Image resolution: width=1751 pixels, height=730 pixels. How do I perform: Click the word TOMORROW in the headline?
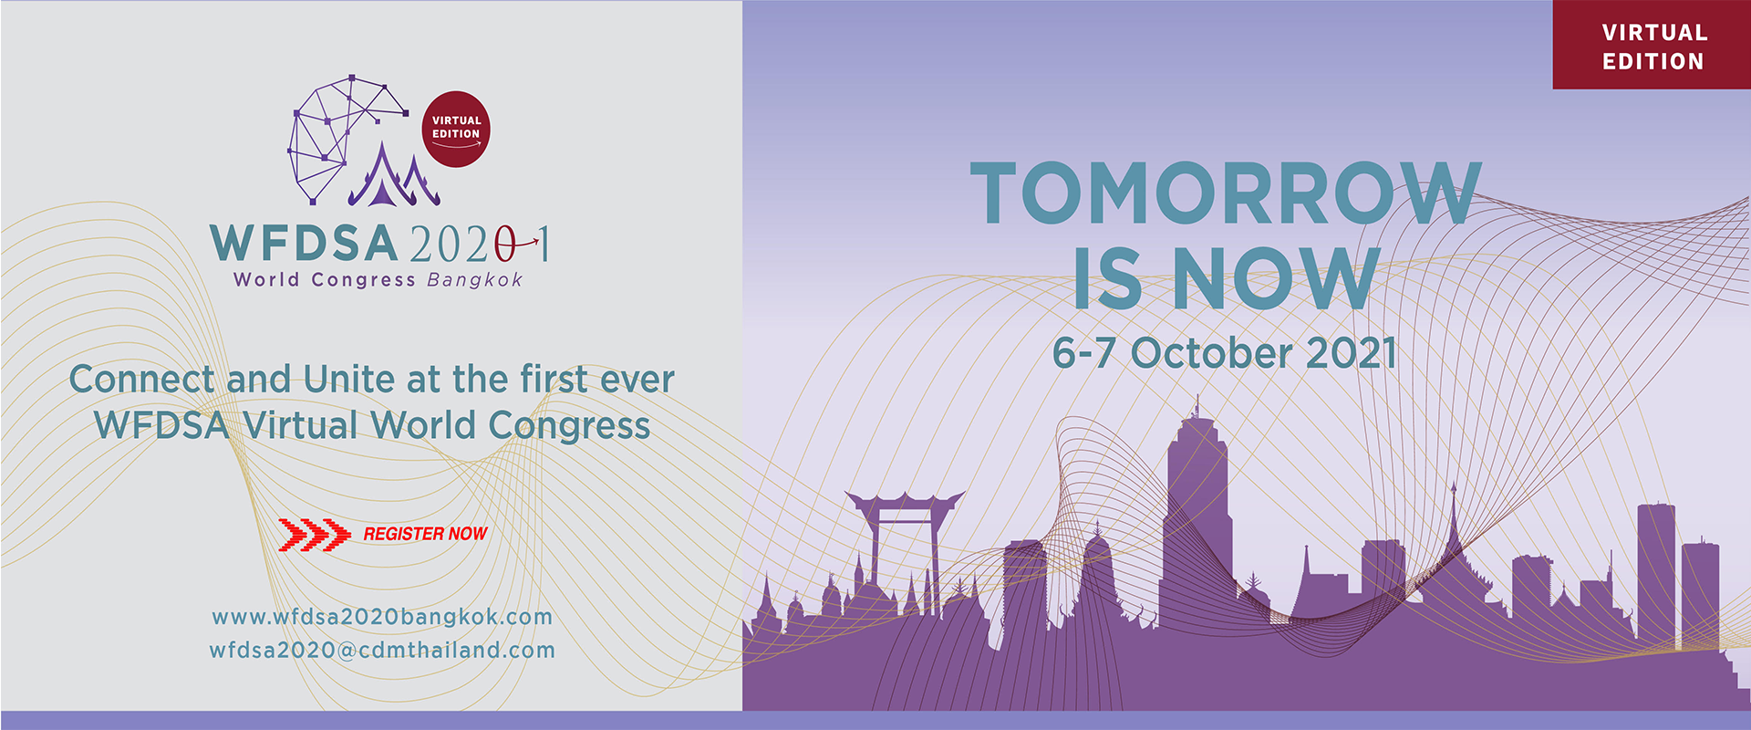pos(1226,193)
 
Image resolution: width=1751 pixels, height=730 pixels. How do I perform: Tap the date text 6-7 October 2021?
pos(1225,353)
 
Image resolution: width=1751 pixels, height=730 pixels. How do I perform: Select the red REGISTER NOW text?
pos(425,534)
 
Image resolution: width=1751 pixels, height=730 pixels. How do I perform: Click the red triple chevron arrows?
pos(314,535)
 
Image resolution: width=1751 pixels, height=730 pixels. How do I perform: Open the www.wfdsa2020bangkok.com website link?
pos(382,617)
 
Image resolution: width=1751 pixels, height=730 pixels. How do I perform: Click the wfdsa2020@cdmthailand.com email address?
pos(382,651)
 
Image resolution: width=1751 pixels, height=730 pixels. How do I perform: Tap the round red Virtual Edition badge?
pos(456,129)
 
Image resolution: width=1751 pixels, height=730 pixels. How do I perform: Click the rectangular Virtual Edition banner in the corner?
pos(1652,45)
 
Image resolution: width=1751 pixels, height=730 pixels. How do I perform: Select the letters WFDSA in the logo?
pos(304,244)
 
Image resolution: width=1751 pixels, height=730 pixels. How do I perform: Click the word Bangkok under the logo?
pos(475,280)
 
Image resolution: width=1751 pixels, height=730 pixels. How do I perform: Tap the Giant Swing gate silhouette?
pos(904,547)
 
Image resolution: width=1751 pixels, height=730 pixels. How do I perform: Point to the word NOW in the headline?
pos(1275,277)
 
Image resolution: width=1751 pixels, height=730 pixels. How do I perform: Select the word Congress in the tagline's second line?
pos(569,426)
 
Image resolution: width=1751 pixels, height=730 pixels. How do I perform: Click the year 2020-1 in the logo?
pos(480,244)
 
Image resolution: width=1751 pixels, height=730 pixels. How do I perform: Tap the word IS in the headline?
pos(1107,277)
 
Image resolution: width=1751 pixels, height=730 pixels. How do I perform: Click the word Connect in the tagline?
pos(141,379)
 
